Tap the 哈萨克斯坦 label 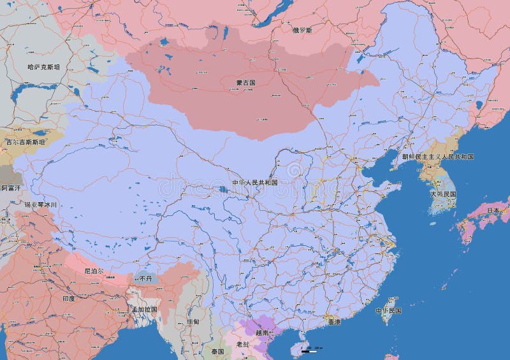(44, 66)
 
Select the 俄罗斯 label (302, 30)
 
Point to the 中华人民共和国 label (255, 182)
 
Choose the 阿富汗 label (11, 189)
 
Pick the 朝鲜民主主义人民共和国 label (438, 157)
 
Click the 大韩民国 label (443, 194)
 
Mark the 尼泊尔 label (94, 271)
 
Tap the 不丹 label (145, 278)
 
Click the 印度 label (68, 298)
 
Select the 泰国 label (218, 352)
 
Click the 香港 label (334, 322)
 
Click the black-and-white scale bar (309, 350)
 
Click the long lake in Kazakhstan (38, 96)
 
